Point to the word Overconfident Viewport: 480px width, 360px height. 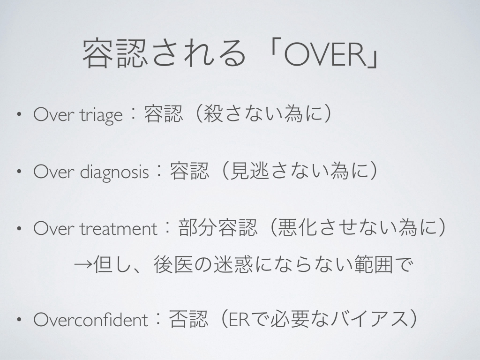click(x=90, y=320)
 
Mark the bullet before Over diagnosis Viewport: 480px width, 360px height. click(x=19, y=172)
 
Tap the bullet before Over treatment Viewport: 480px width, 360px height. click(x=19, y=228)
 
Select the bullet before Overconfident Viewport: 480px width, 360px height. click(x=19, y=320)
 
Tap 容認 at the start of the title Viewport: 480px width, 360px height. click(x=114, y=52)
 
